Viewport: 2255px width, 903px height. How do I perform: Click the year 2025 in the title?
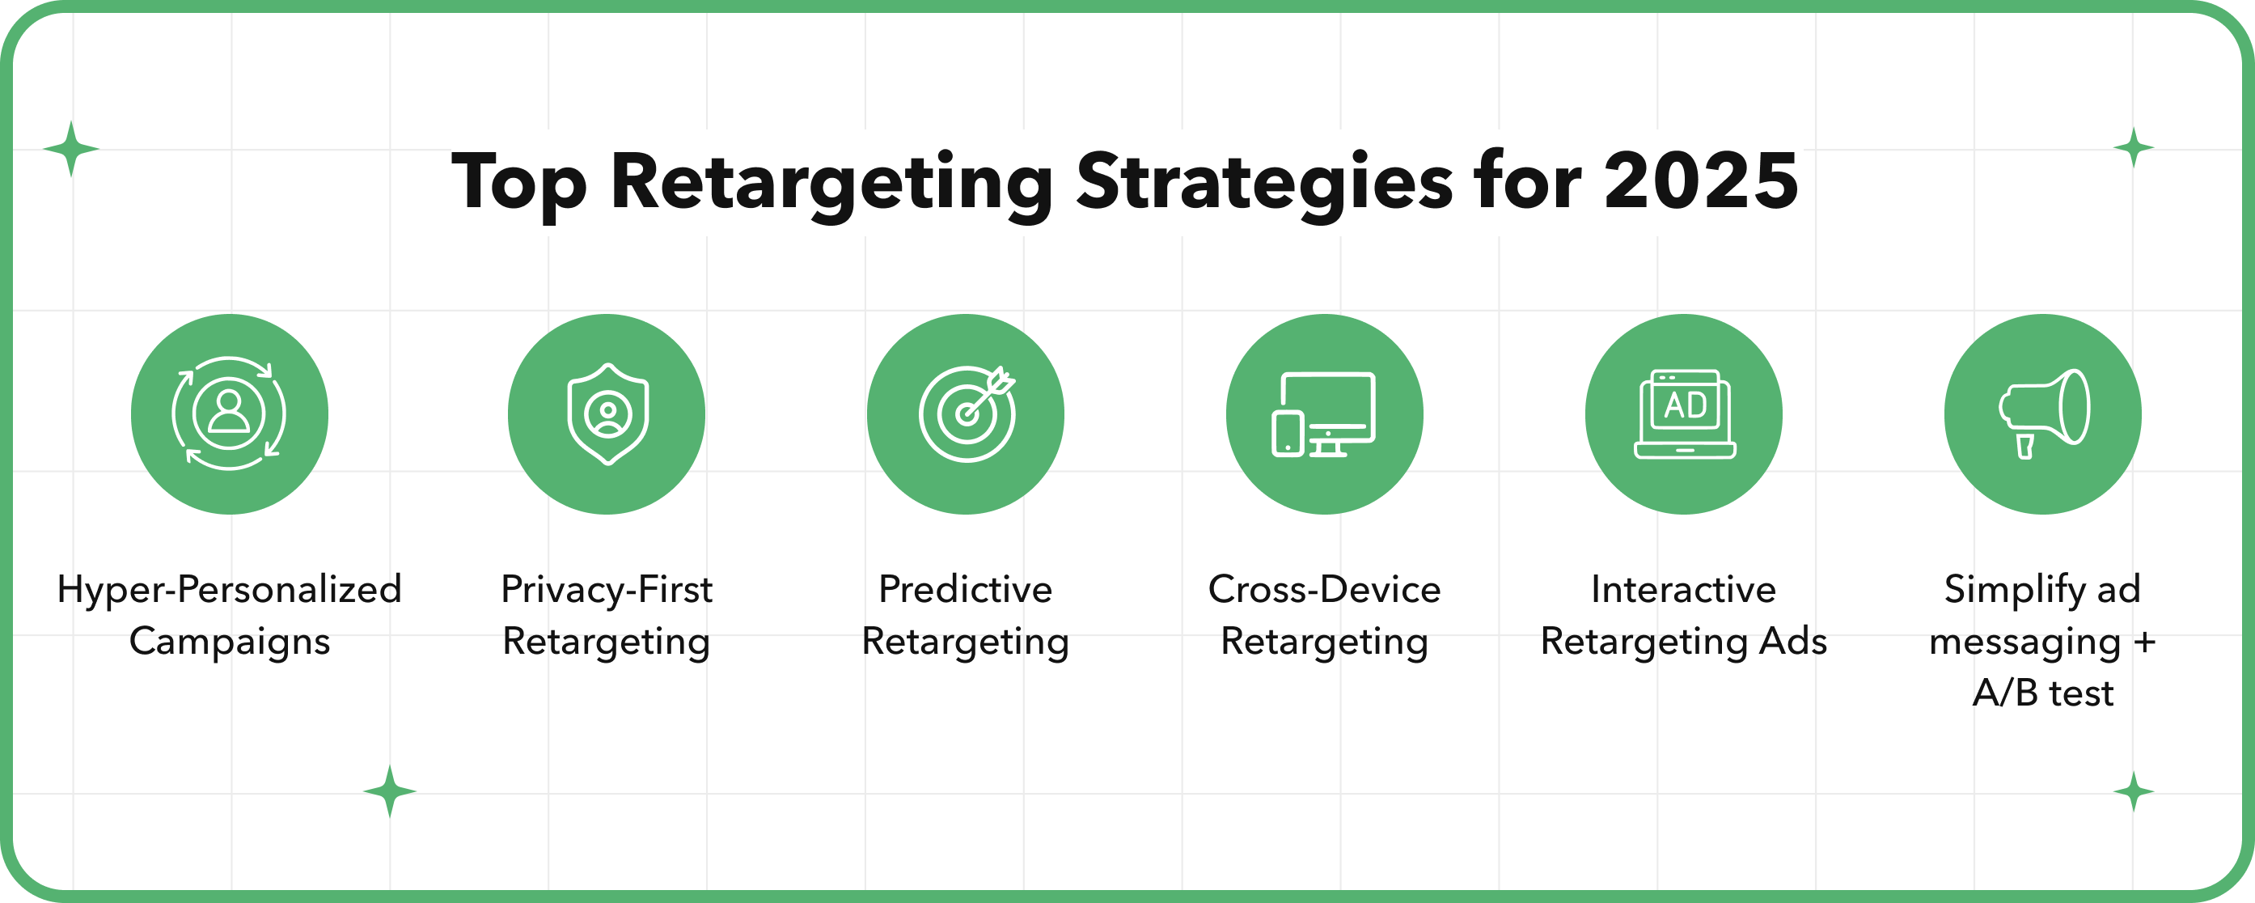click(1701, 181)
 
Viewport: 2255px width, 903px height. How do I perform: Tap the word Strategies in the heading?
click(1264, 185)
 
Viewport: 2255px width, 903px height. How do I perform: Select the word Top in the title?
click(519, 185)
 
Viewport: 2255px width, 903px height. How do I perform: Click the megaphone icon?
click(2043, 413)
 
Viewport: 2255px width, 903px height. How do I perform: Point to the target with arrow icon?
click(967, 413)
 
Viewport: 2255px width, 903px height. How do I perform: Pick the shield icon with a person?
click(607, 413)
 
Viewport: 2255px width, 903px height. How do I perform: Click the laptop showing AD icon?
click(1684, 413)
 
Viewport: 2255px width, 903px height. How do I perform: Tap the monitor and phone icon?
click(1323, 413)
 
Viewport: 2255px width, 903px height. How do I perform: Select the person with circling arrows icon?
click(230, 413)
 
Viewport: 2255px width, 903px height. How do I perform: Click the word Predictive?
click(966, 589)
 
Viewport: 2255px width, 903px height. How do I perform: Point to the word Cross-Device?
click(1325, 589)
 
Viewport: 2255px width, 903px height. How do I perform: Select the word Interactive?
click(1683, 589)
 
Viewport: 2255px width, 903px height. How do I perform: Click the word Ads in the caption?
click(1794, 641)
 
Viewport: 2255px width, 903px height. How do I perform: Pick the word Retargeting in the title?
click(831, 185)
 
